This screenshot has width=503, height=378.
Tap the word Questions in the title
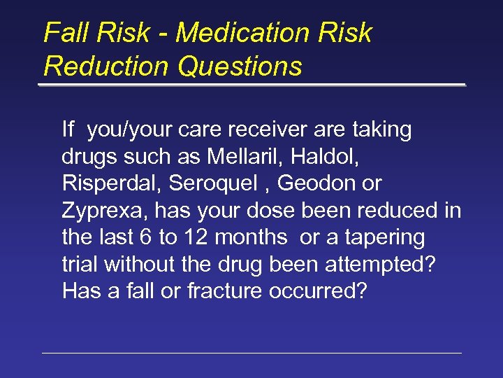(240, 66)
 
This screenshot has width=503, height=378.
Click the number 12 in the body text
(194, 237)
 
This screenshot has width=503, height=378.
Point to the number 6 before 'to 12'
(146, 237)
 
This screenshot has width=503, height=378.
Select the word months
(251, 237)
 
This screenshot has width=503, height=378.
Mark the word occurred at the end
(321, 291)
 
